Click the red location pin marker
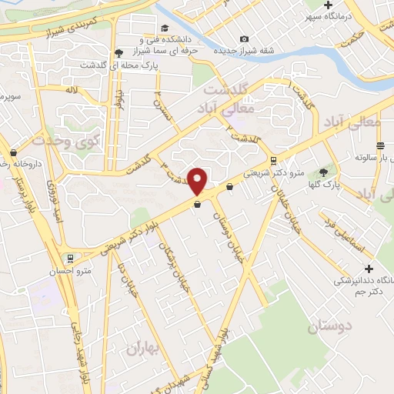tap(198, 181)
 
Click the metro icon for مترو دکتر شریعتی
tap(273, 160)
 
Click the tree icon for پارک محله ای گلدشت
tap(118, 52)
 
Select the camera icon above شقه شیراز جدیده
tap(245, 38)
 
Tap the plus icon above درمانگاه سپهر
tap(329, 5)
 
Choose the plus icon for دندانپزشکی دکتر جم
tap(369, 269)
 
